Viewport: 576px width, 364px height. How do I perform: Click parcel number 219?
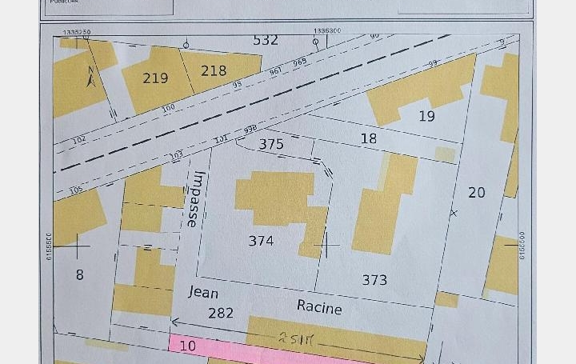click(x=155, y=78)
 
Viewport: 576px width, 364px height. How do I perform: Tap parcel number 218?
click(x=214, y=71)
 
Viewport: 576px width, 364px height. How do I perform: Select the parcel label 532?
click(x=266, y=40)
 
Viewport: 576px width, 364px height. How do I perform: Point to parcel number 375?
click(x=271, y=145)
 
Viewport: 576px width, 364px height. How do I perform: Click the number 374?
click(x=261, y=240)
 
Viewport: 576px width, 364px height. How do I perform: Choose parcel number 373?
click(x=374, y=280)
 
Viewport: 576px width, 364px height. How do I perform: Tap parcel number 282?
click(x=221, y=313)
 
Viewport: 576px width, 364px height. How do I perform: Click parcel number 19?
click(x=427, y=116)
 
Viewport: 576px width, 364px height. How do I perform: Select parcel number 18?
click(x=368, y=138)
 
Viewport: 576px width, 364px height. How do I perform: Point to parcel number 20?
click(x=476, y=193)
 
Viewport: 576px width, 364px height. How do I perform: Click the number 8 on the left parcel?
click(x=79, y=274)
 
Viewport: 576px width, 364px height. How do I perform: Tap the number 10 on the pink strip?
click(x=187, y=346)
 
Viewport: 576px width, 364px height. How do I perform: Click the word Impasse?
click(x=196, y=199)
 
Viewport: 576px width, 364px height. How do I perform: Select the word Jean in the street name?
click(x=203, y=293)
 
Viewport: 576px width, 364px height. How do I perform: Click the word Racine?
click(x=319, y=307)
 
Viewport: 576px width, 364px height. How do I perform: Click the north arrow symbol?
click(x=90, y=77)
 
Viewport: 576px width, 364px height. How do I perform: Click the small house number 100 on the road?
click(x=168, y=108)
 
